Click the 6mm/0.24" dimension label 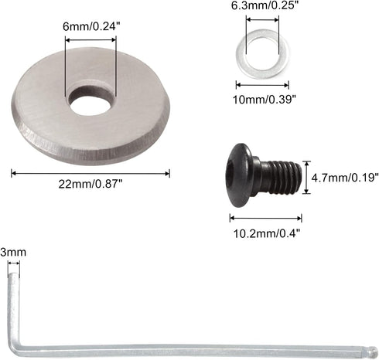pos(90,25)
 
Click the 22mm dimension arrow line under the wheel pos(91,173)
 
